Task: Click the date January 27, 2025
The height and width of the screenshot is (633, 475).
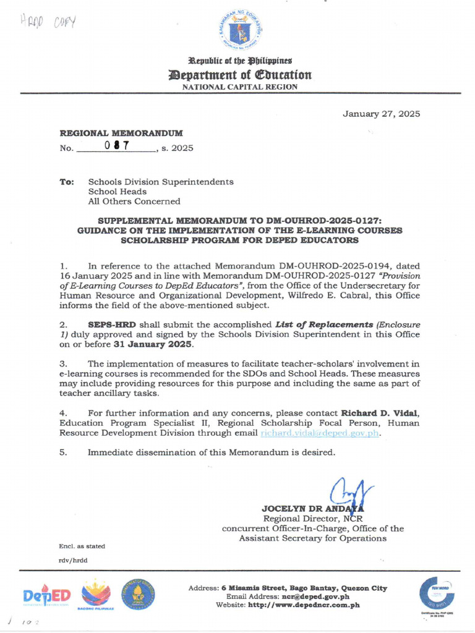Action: [382, 114]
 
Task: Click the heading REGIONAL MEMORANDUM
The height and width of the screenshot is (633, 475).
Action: [121, 133]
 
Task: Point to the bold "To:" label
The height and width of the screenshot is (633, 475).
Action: [67, 182]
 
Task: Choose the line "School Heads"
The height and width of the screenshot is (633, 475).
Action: [117, 192]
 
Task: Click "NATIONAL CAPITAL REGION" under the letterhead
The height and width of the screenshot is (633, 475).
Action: [239, 87]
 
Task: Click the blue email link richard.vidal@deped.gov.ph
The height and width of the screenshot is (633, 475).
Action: [320, 433]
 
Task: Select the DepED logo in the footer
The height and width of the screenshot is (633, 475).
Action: [47, 595]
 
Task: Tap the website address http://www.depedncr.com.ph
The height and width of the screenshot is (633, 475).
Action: [302, 605]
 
